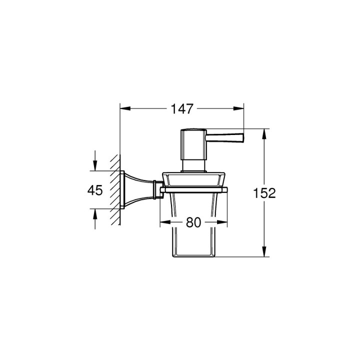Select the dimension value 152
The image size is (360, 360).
265,193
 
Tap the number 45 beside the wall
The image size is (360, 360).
94,190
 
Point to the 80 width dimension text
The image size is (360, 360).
193,222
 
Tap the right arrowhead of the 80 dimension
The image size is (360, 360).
223,222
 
